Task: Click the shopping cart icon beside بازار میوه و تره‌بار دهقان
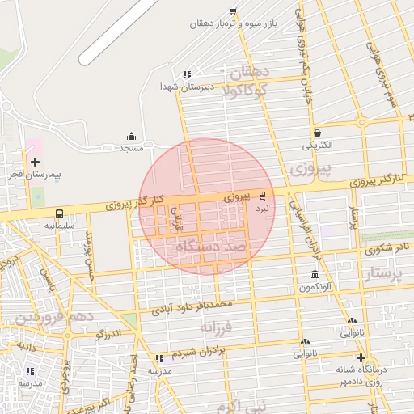[234, 11]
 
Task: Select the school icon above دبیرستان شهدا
[188, 74]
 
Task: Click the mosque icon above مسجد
[131, 137]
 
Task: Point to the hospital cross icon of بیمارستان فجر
[35, 162]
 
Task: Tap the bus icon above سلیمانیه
[60, 213]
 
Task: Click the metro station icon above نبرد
[262, 195]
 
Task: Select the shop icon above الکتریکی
[316, 133]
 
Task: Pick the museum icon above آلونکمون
[315, 275]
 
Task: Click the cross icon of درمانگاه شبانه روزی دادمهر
[361, 357]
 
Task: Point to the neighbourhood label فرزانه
[217, 327]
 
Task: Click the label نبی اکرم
[234, 405]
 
